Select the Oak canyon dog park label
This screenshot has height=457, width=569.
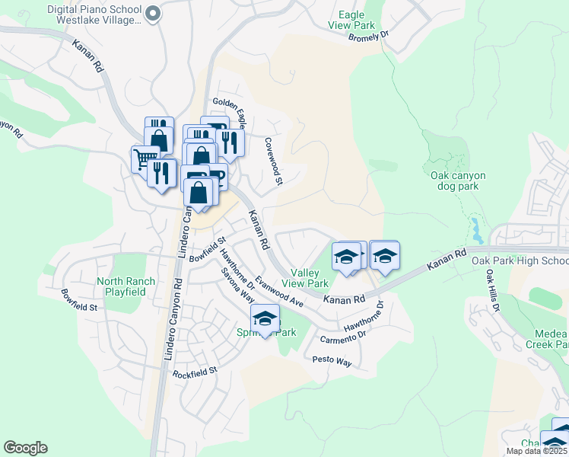pos(458,181)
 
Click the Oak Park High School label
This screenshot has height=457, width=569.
pos(520,261)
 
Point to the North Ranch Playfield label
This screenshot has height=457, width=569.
pos(126,286)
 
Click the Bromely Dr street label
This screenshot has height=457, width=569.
pos(368,37)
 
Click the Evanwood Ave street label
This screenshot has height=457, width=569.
pos(279,292)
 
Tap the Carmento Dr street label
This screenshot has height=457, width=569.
pos(343,336)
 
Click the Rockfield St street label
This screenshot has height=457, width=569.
pos(195,372)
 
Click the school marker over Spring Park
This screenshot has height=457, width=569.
pos(265,318)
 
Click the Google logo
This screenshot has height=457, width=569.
pos(25,448)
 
